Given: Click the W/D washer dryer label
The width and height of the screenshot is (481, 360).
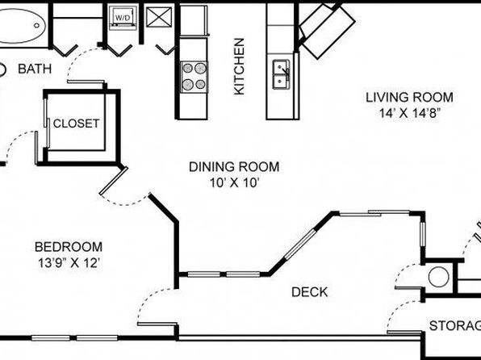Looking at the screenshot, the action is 123,18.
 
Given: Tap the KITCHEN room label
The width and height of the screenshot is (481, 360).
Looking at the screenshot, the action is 239,66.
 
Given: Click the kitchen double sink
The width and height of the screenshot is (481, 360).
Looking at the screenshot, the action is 281,74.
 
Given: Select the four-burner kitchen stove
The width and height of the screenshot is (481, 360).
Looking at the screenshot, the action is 194,77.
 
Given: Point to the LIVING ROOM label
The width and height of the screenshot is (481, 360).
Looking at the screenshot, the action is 409,98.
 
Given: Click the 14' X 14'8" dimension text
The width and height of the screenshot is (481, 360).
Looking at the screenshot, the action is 410,113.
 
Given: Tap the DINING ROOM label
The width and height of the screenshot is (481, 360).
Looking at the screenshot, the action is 234,167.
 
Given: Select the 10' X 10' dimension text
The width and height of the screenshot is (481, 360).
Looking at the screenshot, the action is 235,183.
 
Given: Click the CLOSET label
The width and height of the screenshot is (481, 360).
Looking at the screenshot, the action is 76,123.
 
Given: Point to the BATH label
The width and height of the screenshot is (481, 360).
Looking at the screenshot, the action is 35,69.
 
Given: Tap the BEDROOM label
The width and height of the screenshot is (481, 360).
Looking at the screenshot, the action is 69,247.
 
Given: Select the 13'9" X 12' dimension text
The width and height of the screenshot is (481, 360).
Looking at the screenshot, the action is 69,263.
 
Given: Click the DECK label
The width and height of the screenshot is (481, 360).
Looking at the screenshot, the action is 310,292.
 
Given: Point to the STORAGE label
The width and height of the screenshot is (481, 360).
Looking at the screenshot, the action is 455,325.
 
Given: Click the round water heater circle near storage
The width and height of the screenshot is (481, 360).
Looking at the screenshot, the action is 439,277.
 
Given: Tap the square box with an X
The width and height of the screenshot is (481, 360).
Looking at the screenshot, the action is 159,17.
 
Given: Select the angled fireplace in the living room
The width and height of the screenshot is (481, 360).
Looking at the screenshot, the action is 327,30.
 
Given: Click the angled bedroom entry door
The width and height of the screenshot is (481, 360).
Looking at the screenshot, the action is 113,181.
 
